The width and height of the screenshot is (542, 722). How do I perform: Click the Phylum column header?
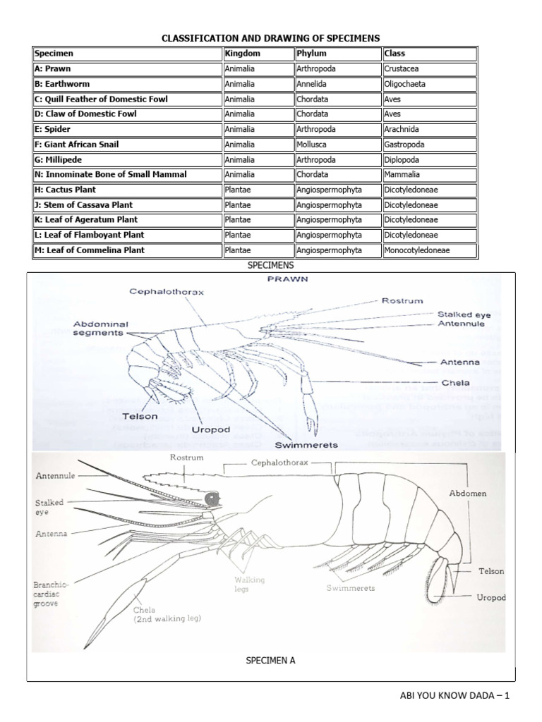312,54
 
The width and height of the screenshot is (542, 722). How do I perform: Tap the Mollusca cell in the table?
315,145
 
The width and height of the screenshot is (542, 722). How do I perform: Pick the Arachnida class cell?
404,130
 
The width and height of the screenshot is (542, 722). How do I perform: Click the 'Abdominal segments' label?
99,329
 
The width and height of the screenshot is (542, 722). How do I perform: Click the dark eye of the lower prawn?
211,499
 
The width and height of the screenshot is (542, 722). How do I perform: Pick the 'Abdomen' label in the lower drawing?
468,494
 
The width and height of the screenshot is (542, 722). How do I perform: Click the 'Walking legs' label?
250,584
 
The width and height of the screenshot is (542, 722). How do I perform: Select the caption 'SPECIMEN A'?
270,661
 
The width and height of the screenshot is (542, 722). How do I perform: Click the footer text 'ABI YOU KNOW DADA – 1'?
454,696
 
